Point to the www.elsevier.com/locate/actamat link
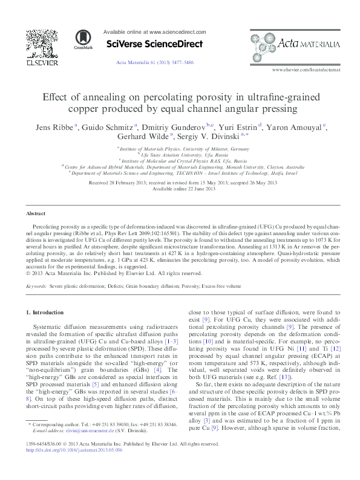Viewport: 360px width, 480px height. click(x=306, y=71)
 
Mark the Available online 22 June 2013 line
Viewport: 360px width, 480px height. click(x=180, y=189)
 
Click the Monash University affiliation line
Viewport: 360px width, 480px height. click(x=180, y=166)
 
